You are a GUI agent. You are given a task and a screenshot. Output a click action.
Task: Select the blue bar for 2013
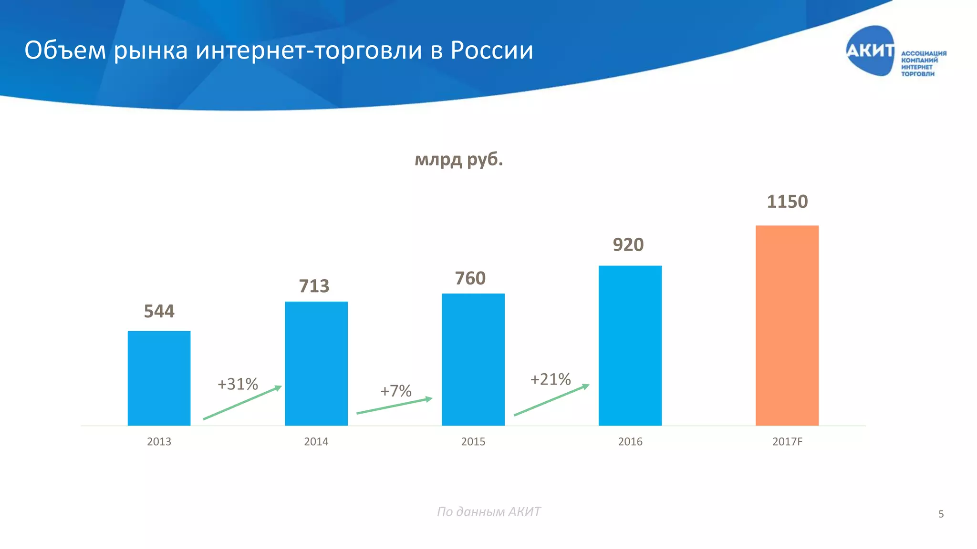click(x=159, y=378)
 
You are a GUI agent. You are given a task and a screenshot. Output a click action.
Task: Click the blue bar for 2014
click(x=316, y=363)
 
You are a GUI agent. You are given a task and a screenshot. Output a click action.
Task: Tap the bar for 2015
click(x=473, y=359)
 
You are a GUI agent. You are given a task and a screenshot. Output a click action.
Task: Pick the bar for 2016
click(x=630, y=346)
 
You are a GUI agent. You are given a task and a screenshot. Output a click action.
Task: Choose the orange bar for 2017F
click(x=787, y=325)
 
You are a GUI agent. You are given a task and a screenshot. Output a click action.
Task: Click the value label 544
click(x=159, y=311)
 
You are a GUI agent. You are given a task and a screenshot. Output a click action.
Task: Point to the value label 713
click(x=314, y=286)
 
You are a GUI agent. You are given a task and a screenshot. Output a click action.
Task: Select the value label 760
click(x=470, y=278)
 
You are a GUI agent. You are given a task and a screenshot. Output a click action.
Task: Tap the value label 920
click(x=628, y=244)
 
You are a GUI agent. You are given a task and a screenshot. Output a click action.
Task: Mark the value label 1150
click(x=787, y=202)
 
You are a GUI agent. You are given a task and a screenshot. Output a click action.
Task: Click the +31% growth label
click(x=238, y=384)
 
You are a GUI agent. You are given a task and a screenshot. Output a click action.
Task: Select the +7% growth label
click(x=395, y=391)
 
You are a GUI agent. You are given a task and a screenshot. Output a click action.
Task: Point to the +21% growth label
click(x=551, y=379)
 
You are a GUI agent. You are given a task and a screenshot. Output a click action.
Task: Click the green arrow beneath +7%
click(x=394, y=406)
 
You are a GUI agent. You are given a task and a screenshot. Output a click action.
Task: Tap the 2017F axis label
click(x=787, y=442)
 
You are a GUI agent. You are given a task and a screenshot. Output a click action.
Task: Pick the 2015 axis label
click(x=473, y=442)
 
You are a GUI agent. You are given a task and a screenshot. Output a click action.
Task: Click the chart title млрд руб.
click(x=458, y=159)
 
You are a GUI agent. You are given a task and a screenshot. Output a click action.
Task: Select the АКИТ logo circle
click(x=870, y=51)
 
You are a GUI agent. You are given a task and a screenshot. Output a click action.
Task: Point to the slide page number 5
click(x=941, y=514)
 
